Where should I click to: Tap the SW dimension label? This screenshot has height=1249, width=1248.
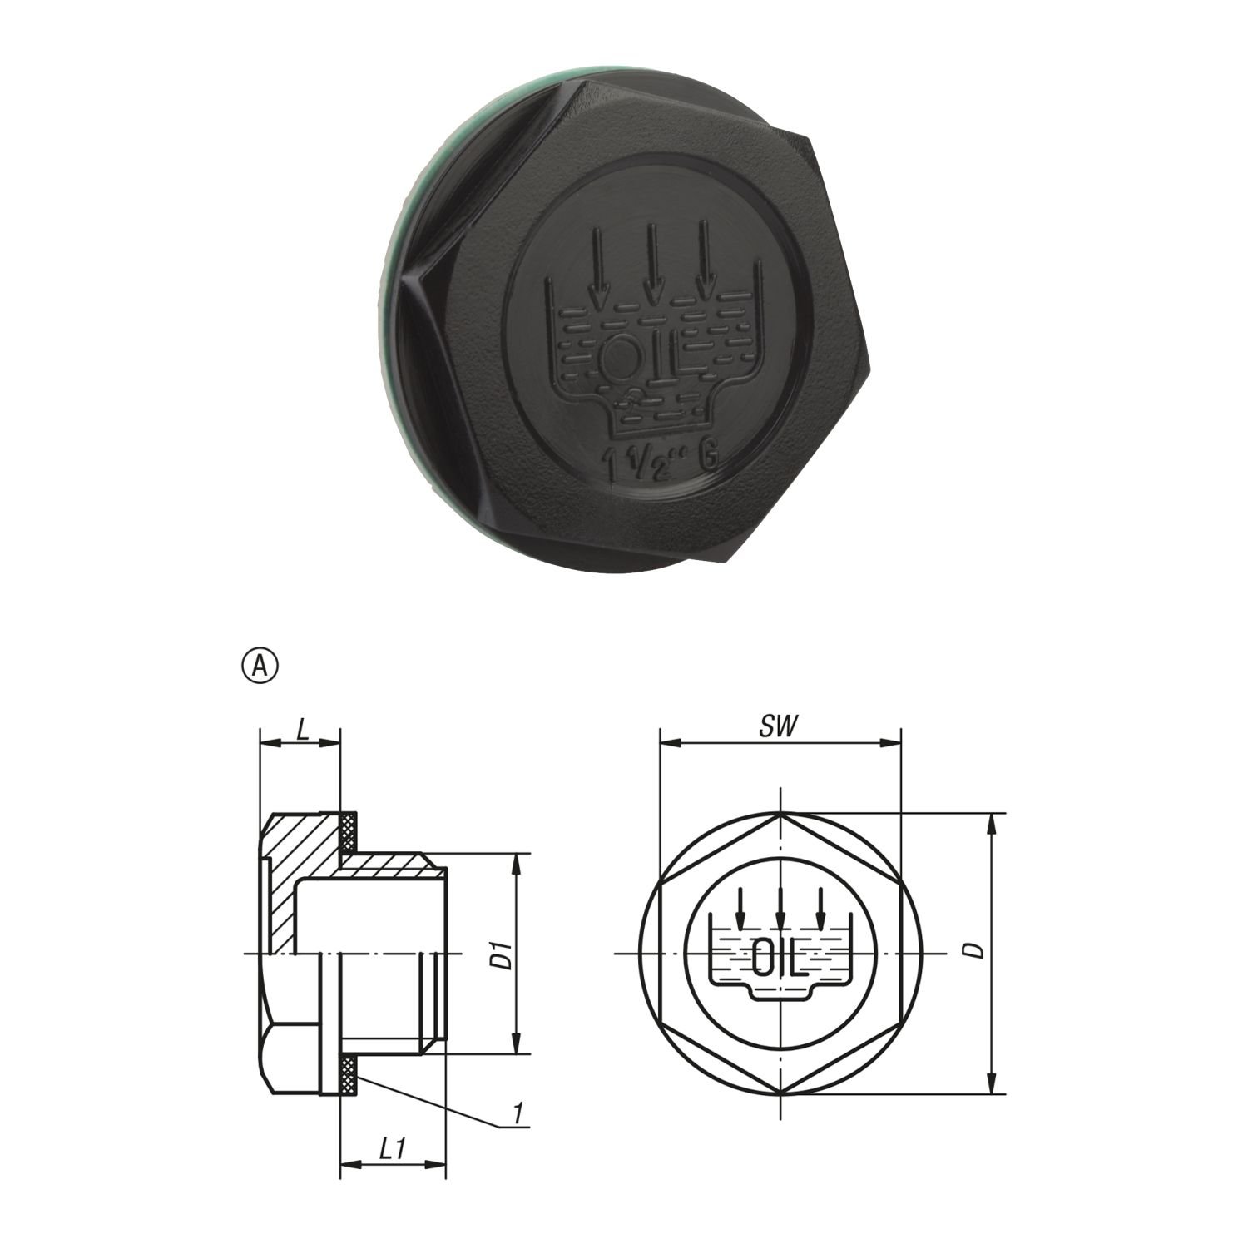coord(778,726)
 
